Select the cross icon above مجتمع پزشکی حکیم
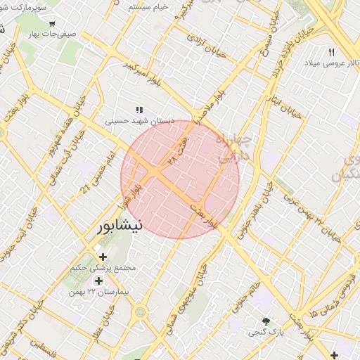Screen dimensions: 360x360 point(103,257)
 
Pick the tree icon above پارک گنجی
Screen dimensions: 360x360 point(265,321)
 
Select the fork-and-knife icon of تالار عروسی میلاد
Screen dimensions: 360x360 point(332,52)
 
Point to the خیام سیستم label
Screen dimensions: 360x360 point(148,7)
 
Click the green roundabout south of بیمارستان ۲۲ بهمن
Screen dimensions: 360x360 point(140,311)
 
